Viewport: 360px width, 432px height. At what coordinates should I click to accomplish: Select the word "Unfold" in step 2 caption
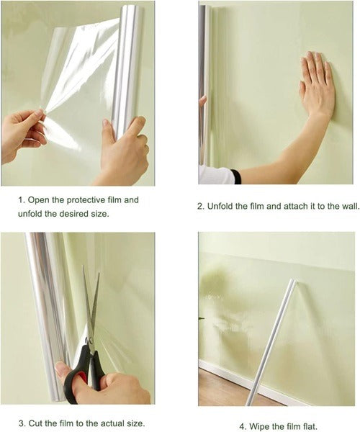tap(224, 206)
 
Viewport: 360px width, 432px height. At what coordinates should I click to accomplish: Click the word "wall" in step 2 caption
tap(348, 206)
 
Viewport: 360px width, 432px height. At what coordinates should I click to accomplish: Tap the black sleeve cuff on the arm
tap(235, 176)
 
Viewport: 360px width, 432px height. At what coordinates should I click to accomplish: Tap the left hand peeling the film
tap(22, 133)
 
